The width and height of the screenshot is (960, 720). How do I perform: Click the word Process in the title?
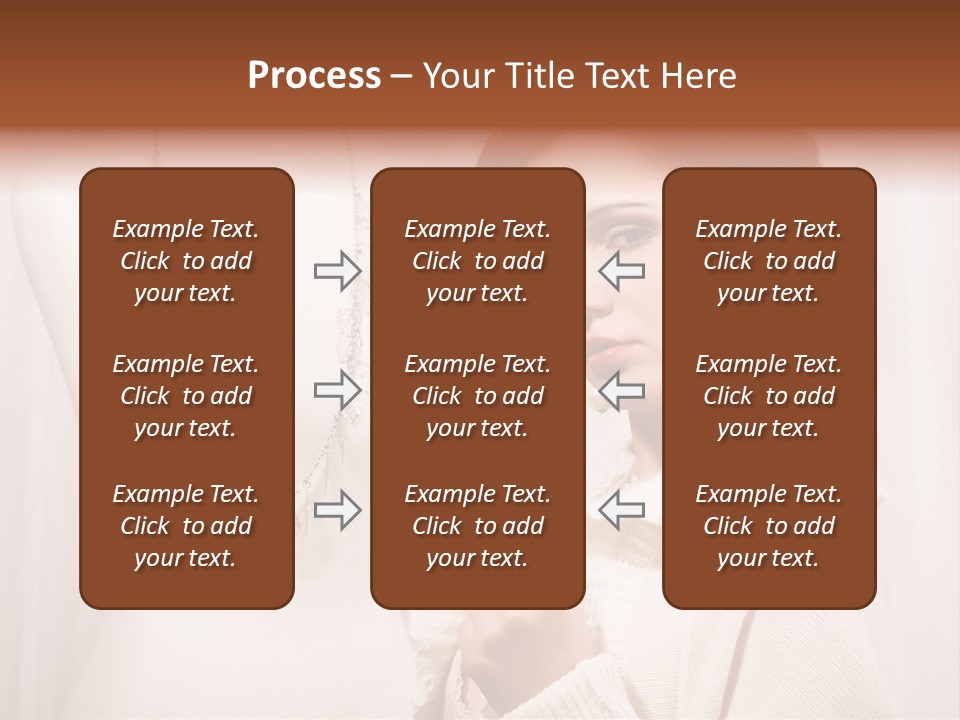314,76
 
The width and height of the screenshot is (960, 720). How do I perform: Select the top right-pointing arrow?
337,271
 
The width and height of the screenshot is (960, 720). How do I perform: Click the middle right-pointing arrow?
337,390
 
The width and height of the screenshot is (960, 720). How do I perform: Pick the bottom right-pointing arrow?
337,510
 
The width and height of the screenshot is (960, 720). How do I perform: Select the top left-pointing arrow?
622,271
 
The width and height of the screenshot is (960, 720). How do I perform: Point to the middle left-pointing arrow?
622,390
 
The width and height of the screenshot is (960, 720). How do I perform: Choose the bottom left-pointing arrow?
622,510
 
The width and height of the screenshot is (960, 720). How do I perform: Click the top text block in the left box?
186,261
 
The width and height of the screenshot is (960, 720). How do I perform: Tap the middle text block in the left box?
186,396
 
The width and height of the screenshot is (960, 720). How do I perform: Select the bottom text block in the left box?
186,526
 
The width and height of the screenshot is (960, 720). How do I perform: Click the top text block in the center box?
477,261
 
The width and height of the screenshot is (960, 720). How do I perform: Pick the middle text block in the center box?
477,396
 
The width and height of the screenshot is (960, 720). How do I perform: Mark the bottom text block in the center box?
477,526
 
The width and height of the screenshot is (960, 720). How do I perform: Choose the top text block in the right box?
769,261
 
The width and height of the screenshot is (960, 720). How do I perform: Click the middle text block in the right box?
769,396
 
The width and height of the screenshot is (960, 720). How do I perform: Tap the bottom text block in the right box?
769,526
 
